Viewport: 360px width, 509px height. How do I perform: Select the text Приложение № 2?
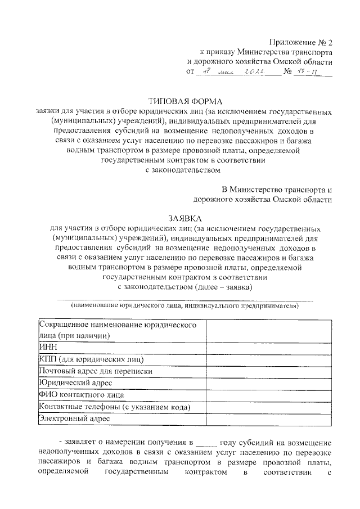301,42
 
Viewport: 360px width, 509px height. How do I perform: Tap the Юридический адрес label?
75,383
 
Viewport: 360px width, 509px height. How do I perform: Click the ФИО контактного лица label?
81,395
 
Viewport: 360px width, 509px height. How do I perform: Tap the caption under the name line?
184,306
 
